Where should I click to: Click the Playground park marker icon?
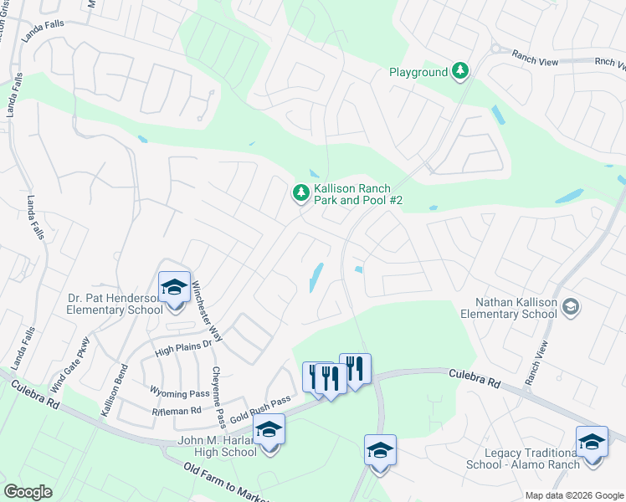click(x=459, y=72)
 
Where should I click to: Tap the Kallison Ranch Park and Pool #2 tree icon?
click(x=300, y=193)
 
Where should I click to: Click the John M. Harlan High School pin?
click(x=269, y=432)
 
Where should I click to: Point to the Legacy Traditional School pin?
click(x=592, y=442)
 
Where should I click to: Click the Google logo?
click(x=28, y=492)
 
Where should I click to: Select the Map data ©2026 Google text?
click(x=573, y=495)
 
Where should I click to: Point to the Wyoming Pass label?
click(x=179, y=393)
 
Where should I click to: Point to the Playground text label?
click(x=418, y=73)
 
